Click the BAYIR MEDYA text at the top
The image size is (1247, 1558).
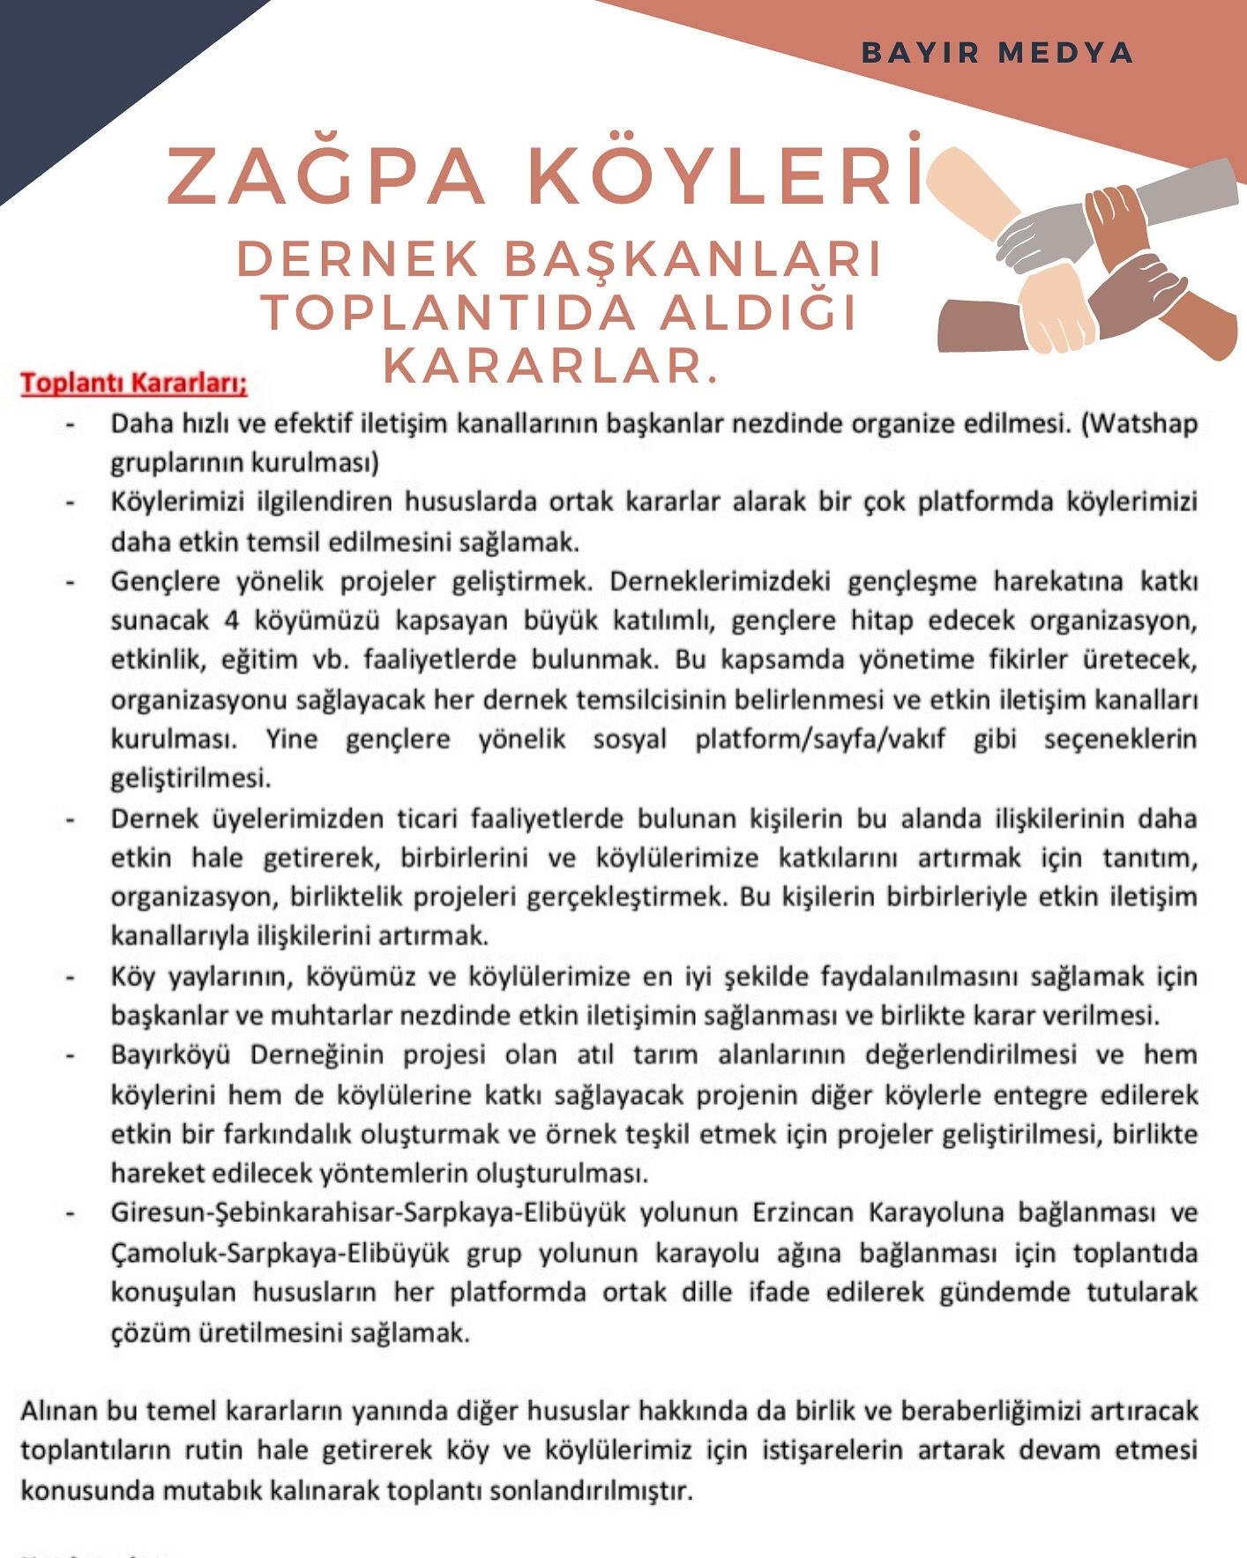pyautogui.click(x=997, y=53)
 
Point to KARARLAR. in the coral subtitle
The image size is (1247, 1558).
pyautogui.click(x=550, y=365)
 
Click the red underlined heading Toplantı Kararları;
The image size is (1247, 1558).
pyautogui.click(x=134, y=384)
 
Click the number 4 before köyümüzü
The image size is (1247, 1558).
pyautogui.click(x=231, y=621)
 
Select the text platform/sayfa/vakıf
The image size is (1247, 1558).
pyautogui.click(x=819, y=739)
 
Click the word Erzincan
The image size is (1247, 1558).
pyautogui.click(x=803, y=1213)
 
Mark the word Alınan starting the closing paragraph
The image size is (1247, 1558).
pyautogui.click(x=58, y=1412)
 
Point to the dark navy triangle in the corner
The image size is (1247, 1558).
pyautogui.click(x=79, y=71)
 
